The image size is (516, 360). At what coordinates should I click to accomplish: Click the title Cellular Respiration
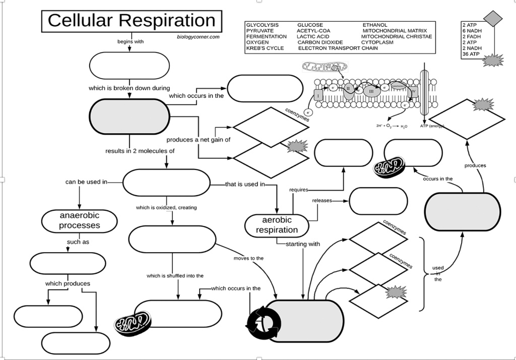pos(131,21)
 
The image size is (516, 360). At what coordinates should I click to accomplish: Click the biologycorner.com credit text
pos(198,37)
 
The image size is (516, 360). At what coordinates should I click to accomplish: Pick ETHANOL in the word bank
pos(375,25)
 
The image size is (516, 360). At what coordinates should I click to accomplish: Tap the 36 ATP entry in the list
pos(471,54)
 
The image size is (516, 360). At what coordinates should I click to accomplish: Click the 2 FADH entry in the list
pos(472,37)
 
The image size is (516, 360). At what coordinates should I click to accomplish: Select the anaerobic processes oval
pos(80,221)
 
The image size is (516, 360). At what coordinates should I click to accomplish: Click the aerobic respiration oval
pos(277,225)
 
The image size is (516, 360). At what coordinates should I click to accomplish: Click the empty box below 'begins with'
pos(130,66)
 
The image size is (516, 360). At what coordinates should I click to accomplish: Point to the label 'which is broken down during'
pos(129,88)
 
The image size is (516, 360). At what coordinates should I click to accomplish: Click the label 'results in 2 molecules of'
pos(140,151)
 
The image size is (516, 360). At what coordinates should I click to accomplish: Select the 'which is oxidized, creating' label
pos(166,207)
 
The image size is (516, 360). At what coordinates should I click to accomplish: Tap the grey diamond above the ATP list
pos(493,18)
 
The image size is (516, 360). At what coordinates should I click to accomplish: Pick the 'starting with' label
pos(302,244)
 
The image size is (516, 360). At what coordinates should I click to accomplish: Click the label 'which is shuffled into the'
pos(175,276)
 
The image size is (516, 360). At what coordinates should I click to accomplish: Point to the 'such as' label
pos(78,242)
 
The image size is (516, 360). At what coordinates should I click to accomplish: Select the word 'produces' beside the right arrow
pos(475,165)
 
